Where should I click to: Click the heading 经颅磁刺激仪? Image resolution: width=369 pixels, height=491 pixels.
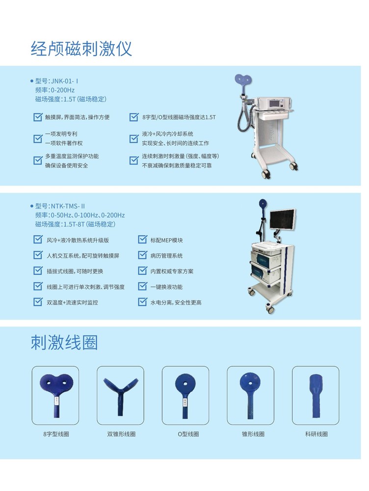[x=81, y=49]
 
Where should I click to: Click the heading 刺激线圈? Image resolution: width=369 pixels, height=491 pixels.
[x=64, y=342]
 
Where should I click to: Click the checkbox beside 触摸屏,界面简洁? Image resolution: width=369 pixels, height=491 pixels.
[x=38, y=117]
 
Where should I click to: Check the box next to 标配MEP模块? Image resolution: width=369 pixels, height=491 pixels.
[x=142, y=240]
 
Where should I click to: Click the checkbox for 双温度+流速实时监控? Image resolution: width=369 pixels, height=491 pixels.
[x=38, y=302]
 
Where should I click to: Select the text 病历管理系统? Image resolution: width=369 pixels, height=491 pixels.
[x=166, y=256]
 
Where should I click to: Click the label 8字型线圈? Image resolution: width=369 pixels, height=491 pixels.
[x=56, y=434]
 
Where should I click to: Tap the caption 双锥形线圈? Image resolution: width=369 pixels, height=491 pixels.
[x=121, y=434]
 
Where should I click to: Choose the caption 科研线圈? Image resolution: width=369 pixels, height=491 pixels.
[x=316, y=434]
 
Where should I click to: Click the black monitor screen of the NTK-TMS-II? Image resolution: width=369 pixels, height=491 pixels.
[x=282, y=218]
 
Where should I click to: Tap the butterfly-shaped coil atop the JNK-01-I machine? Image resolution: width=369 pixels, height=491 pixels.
[x=244, y=81]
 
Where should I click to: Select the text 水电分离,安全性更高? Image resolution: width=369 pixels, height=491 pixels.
[x=176, y=302]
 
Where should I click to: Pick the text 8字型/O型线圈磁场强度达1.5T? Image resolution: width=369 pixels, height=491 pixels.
[x=179, y=117]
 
